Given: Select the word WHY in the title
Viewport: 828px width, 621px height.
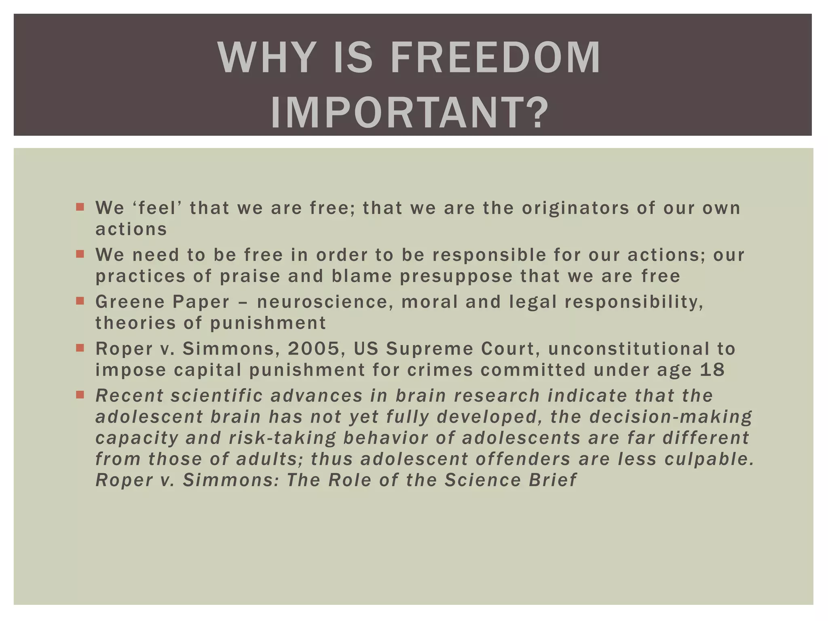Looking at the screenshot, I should (x=267, y=57).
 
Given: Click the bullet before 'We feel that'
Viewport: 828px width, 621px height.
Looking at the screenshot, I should (x=80, y=207).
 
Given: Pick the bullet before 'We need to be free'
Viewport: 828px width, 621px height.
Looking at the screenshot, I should (x=80, y=254).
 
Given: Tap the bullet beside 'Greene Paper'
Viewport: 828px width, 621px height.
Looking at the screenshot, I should (x=80, y=301).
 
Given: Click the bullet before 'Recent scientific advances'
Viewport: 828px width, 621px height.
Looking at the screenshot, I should (x=80, y=395).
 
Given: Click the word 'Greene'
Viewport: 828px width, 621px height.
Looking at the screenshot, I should (x=130, y=302).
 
